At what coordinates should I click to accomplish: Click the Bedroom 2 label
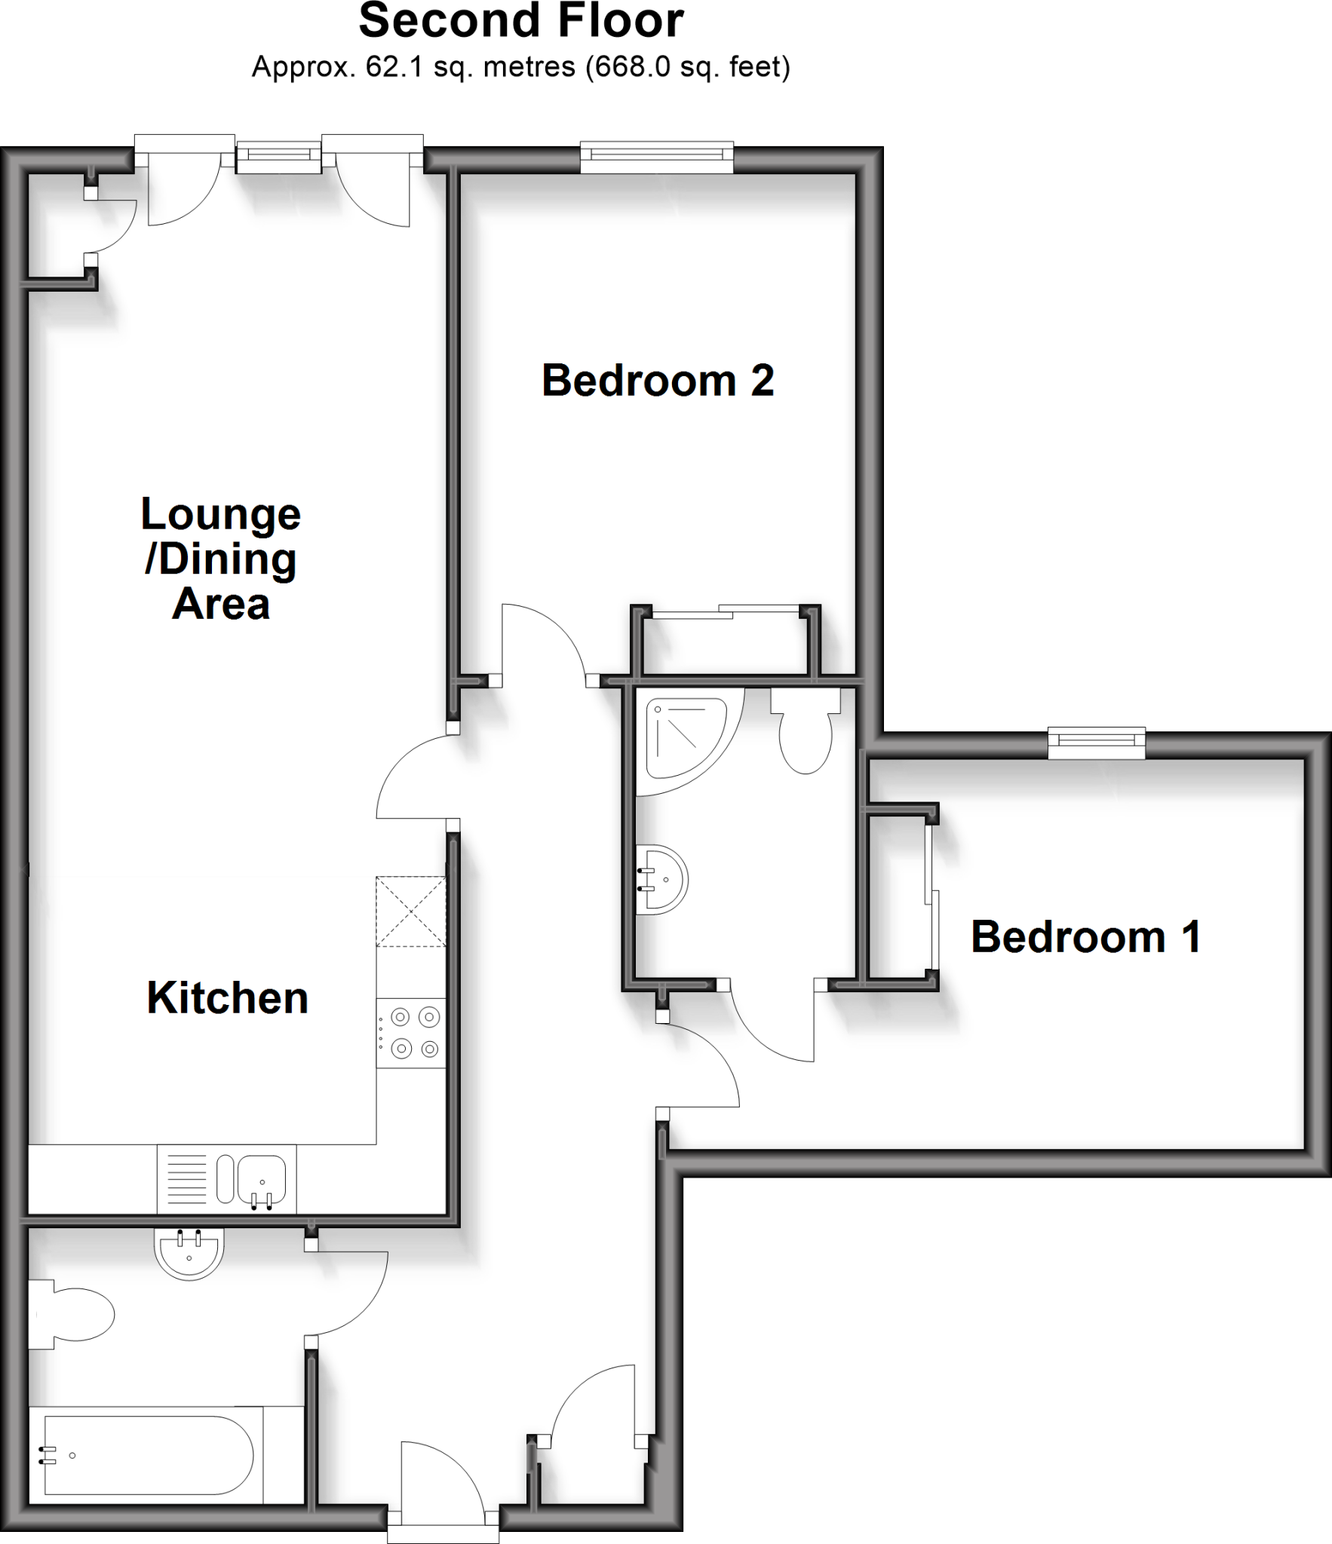657,381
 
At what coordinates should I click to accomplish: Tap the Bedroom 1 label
1085,937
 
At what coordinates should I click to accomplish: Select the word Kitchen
227,998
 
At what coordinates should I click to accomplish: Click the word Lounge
220,515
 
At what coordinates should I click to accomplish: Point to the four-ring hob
411,1033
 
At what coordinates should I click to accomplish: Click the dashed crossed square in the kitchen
411,911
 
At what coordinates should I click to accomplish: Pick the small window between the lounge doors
279,155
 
